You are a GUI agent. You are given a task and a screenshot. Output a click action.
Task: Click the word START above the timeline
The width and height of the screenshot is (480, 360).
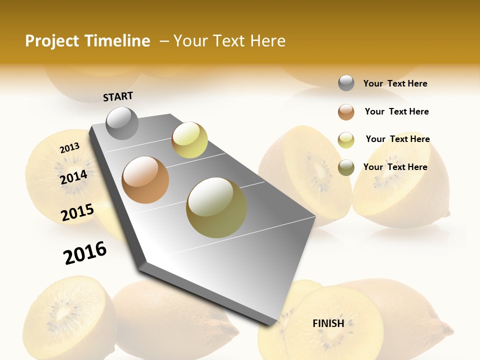118,96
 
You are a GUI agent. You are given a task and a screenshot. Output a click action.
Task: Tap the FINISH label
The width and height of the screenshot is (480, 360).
328,323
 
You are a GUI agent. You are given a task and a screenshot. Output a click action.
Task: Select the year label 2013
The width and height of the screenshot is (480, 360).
69,147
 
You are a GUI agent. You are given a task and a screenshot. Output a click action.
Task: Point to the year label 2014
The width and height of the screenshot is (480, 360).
74,177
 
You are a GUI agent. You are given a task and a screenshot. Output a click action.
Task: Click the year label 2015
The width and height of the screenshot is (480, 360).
77,212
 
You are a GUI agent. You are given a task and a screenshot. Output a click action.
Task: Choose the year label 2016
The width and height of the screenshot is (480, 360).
85,252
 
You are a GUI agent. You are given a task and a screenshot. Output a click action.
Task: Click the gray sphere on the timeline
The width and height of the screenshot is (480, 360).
122,123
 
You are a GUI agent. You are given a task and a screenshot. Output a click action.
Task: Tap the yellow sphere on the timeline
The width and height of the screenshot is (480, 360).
189,140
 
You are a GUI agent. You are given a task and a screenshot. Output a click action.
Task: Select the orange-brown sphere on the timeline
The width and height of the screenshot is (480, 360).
145,180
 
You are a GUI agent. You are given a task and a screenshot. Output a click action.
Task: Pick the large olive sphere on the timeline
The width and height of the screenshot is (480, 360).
216,207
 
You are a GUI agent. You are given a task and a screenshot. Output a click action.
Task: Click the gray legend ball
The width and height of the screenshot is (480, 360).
346,83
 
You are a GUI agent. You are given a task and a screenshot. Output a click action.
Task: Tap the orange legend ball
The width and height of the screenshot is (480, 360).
346,112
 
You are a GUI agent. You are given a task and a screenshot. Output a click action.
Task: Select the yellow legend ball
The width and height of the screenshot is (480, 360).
346,140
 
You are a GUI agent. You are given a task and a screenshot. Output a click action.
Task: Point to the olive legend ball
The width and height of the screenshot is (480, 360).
346,167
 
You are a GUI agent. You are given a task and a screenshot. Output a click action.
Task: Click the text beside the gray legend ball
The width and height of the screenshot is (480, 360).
395,84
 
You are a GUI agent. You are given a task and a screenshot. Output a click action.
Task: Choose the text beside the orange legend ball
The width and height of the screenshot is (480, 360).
396,111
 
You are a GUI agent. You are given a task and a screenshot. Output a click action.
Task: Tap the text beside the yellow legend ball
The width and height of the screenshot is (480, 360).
397,139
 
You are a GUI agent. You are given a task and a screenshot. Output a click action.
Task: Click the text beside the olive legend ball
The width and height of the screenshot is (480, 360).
395,167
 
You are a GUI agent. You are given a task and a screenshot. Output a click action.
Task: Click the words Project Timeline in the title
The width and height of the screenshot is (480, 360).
87,41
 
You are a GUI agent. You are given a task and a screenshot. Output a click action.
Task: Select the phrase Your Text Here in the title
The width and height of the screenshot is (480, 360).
229,41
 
